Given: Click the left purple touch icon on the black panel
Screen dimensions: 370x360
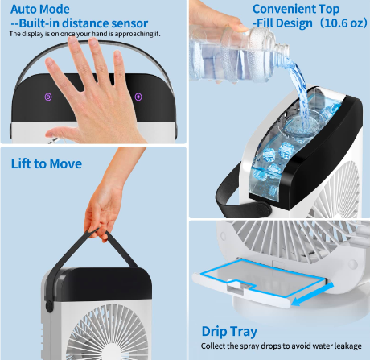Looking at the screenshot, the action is [x=48, y=97].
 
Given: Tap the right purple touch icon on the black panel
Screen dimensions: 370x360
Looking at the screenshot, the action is [x=138, y=97].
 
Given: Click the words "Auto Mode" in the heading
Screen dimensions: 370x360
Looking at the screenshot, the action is [x=40, y=9].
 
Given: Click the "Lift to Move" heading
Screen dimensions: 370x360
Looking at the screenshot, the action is [x=47, y=163].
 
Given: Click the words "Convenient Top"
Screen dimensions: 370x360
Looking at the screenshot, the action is [x=296, y=9].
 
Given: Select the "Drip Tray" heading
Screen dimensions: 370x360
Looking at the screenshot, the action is [x=229, y=331].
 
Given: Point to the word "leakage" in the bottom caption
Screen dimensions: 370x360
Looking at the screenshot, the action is [x=347, y=346].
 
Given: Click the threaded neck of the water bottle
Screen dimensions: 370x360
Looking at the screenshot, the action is [x=279, y=47].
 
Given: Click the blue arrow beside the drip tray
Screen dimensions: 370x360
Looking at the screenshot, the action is [x=312, y=294].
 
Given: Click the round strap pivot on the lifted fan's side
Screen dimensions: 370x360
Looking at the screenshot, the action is [x=49, y=306].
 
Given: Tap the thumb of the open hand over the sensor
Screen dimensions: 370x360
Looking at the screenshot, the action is [x=58, y=134].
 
